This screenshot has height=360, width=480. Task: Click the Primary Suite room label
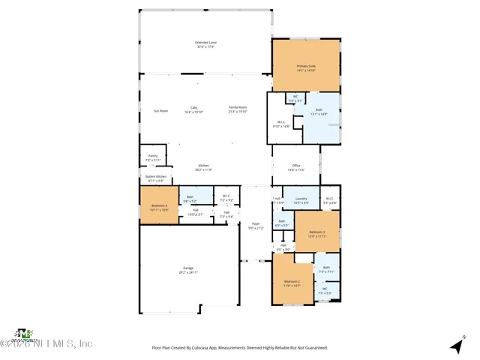306,67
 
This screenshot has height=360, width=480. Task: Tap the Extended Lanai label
205,43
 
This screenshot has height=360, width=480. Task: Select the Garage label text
188,270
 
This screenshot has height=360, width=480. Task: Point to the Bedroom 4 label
159,207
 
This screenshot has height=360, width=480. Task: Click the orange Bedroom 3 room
317,233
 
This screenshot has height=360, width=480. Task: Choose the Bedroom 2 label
292,283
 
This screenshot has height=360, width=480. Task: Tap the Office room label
296,166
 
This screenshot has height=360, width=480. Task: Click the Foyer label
255,224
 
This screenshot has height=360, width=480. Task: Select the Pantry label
152,158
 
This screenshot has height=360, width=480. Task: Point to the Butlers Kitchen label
155,178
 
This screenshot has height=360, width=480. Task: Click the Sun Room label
160,110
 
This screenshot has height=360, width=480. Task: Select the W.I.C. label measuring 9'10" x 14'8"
280,124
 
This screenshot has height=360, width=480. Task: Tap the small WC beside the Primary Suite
295,97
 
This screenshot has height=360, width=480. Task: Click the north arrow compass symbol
455,346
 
